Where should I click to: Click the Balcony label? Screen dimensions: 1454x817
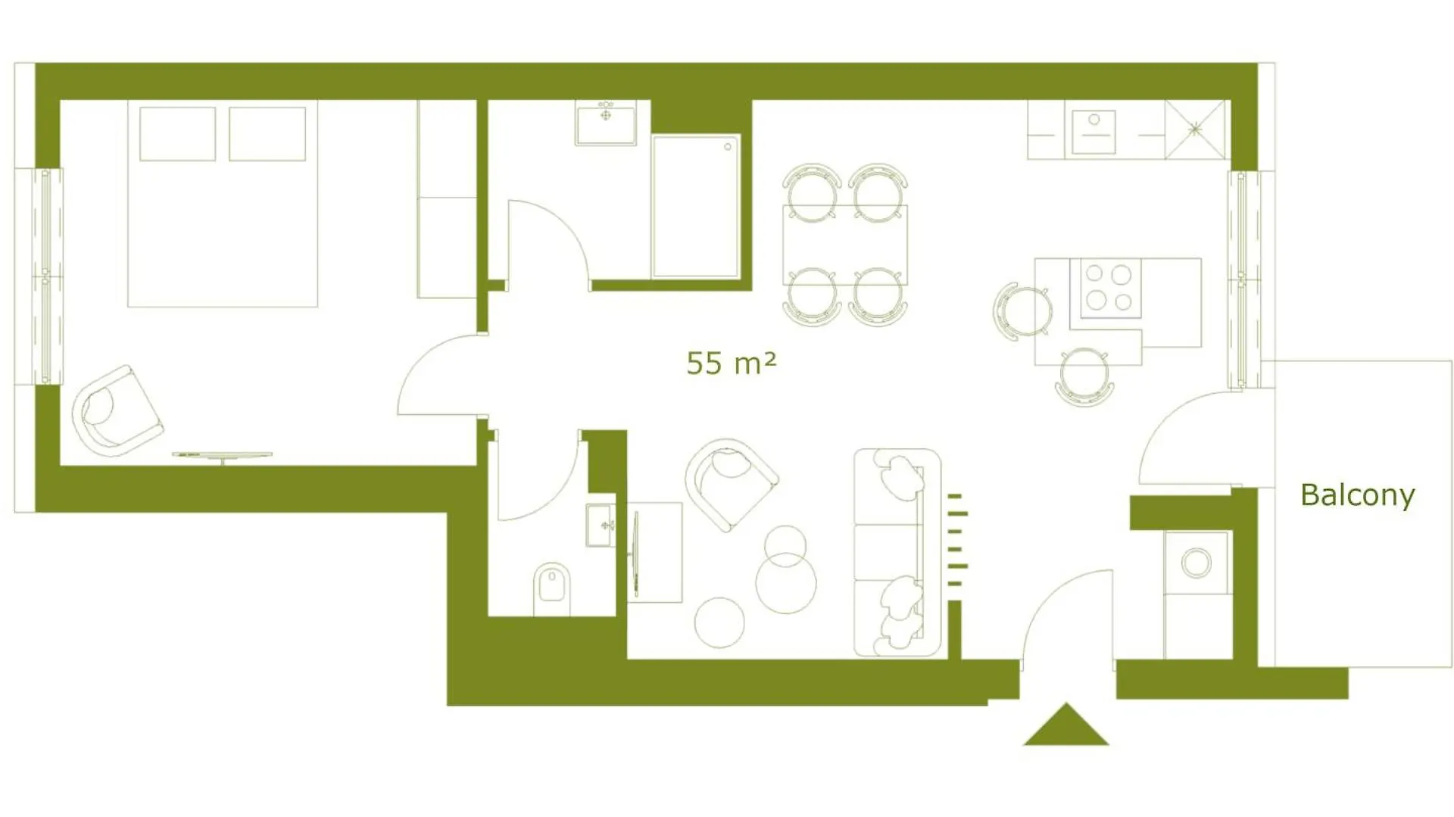1357,495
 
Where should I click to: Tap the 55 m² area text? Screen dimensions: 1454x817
731,363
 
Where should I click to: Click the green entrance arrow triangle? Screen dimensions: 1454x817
1066,725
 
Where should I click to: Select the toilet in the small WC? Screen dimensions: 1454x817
552,588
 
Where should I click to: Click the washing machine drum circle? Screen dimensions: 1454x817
1197,563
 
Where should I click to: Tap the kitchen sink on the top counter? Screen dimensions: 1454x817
1094,132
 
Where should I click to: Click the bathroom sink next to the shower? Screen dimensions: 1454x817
606,123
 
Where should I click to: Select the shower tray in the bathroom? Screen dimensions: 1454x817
696,207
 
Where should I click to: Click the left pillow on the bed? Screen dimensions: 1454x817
178,134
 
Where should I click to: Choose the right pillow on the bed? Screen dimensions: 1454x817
267,134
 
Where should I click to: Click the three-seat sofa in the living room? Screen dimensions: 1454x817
897,553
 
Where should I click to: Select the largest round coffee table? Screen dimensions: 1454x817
786,582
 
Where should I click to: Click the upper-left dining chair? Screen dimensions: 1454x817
812,192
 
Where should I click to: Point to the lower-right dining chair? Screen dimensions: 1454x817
878,296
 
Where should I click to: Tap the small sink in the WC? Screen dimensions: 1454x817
601,525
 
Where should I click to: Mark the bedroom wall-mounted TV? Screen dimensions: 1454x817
222,456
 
